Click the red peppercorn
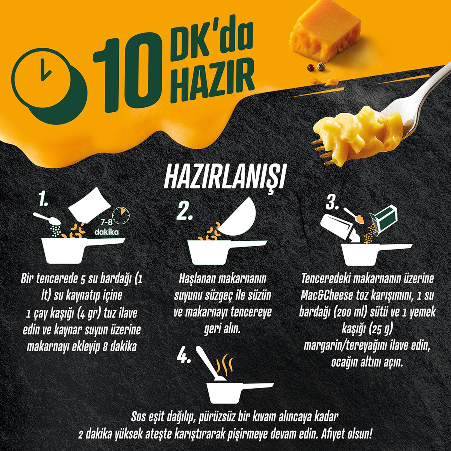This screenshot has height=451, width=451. [310, 67]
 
